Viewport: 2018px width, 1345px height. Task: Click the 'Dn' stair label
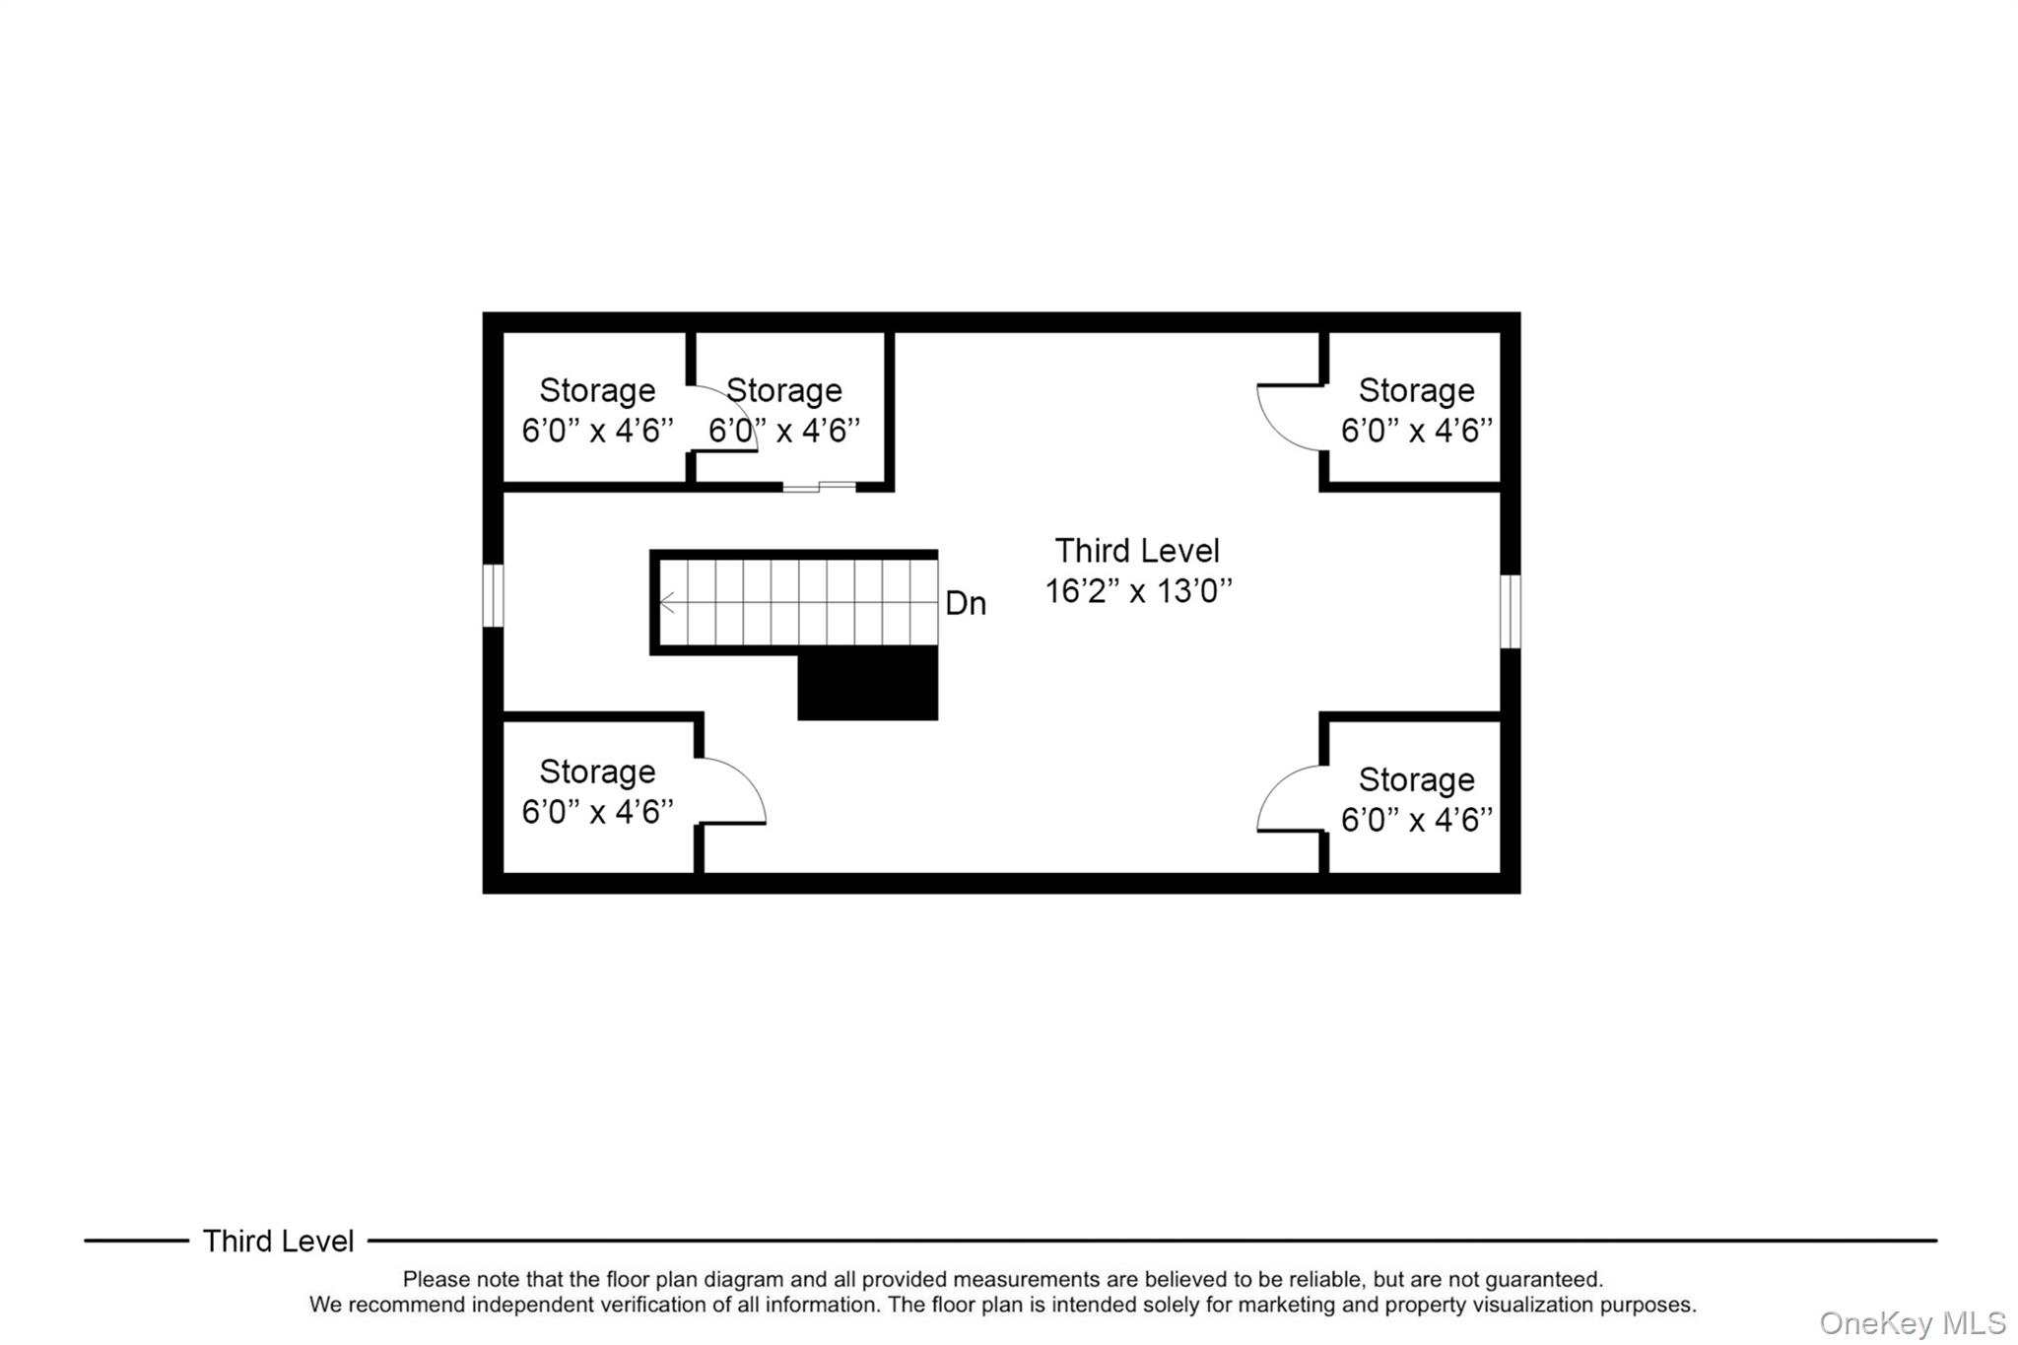965,603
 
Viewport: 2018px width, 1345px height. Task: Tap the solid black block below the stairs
867,683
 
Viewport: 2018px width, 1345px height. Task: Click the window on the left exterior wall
493,595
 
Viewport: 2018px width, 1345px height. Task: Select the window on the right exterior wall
1510,612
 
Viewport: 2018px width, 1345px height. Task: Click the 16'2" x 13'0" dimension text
1138,591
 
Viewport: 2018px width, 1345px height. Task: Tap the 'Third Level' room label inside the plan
1137,550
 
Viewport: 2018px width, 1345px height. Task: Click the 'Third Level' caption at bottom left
278,1242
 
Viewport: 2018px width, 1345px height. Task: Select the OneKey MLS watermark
1912,1323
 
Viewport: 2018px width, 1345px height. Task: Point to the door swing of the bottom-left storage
734,790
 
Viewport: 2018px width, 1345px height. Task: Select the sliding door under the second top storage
819,487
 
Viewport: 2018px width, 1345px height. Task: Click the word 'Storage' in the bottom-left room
597,772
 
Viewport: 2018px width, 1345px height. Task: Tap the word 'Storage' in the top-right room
1416,390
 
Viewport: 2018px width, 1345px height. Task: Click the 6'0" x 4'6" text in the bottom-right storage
1416,820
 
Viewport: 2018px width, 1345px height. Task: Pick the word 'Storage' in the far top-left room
597,390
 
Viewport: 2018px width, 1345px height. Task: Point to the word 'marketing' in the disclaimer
1285,1305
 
